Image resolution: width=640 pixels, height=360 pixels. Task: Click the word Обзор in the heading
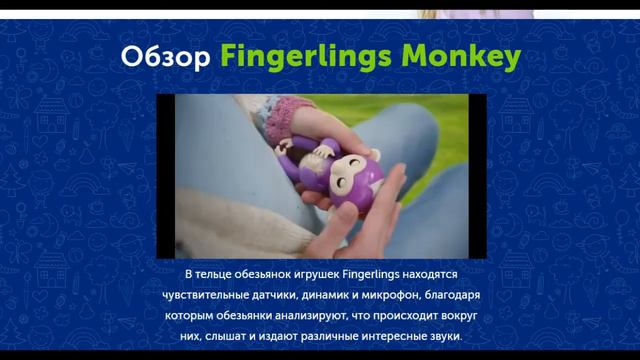pyautogui.click(x=164, y=56)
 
